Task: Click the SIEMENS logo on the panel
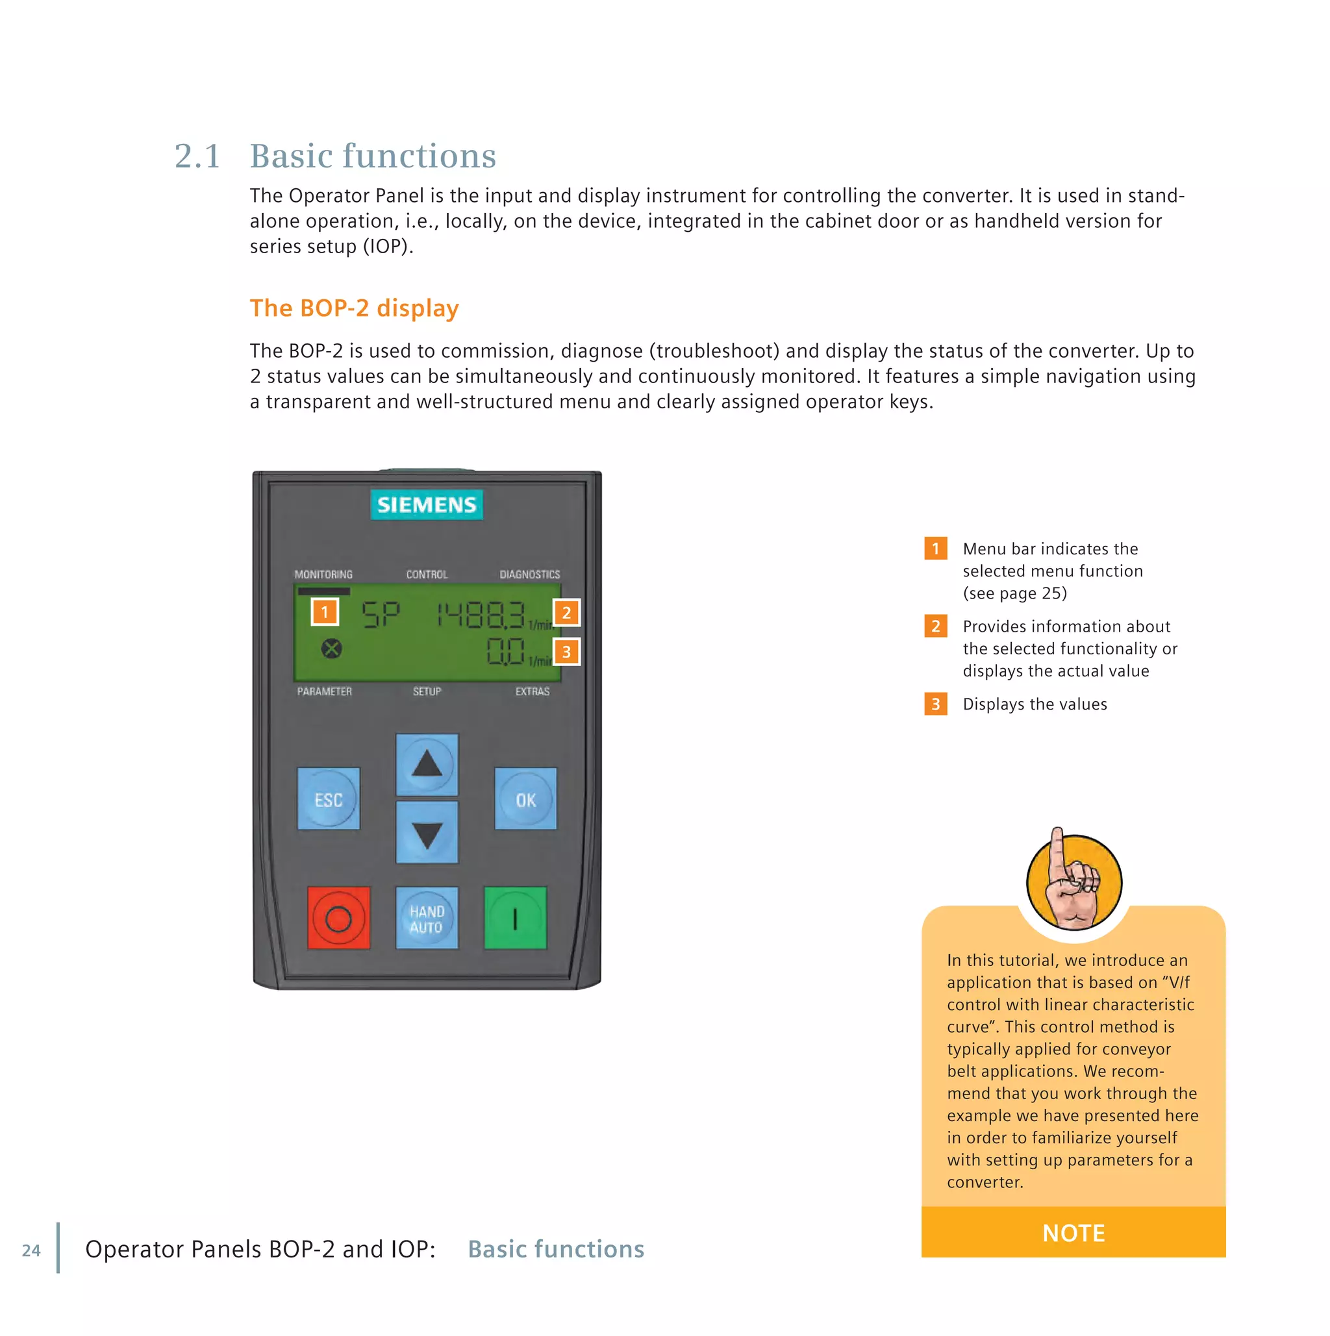(x=426, y=504)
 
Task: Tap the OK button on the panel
(x=525, y=798)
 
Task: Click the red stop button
(x=338, y=919)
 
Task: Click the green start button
(x=515, y=919)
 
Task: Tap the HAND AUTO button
(x=426, y=919)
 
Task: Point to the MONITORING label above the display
(x=323, y=574)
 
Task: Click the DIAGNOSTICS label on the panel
(x=530, y=574)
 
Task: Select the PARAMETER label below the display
(x=323, y=691)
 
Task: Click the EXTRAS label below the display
(x=532, y=691)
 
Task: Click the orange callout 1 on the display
(x=324, y=612)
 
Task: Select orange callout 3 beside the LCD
(x=566, y=651)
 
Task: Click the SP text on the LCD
(x=381, y=614)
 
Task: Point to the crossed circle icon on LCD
(x=331, y=649)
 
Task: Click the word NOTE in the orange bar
(x=1073, y=1232)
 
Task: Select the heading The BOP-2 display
(x=354, y=308)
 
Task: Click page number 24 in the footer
(x=31, y=1250)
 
